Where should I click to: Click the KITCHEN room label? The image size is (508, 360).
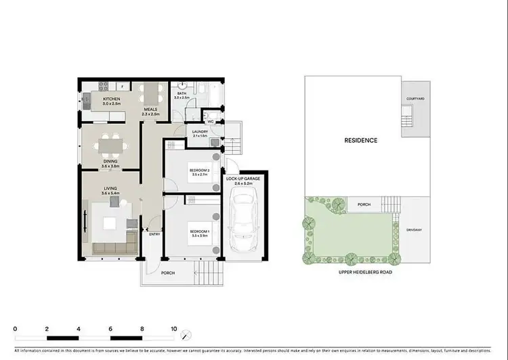tap(111, 99)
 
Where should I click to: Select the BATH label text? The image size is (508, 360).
tap(181, 95)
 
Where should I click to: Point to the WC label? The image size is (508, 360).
tap(211, 122)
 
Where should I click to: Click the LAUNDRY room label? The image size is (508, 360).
tap(199, 132)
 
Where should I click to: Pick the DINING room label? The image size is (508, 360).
tap(110, 161)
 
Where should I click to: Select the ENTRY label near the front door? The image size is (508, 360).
tap(155, 234)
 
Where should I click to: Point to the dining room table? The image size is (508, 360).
tap(110, 144)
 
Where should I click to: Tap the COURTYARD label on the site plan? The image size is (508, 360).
tap(415, 99)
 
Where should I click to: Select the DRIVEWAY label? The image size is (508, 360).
tap(414, 229)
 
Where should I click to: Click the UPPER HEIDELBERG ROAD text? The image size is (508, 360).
tap(366, 271)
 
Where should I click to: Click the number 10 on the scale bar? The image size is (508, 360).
tap(174, 328)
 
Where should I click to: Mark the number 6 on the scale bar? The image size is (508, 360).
tap(110, 328)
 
